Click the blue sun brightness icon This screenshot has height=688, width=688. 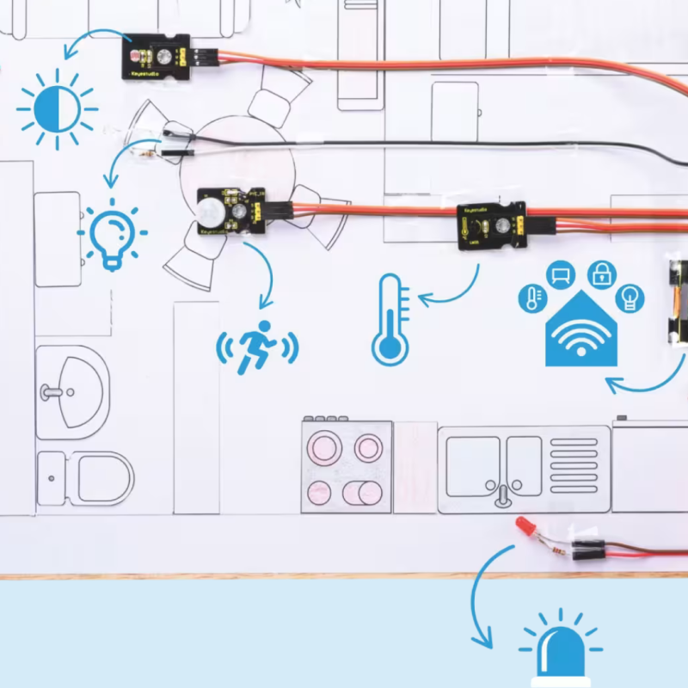(57, 109)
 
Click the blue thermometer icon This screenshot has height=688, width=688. (390, 319)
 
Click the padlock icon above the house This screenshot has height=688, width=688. (601, 275)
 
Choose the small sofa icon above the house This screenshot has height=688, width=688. (561, 275)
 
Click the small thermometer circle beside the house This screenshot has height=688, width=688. (531, 298)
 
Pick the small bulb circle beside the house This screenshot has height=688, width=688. (630, 298)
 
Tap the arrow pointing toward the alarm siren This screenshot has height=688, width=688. (477, 602)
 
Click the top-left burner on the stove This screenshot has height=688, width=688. (325, 447)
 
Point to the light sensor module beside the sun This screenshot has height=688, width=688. (155, 57)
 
